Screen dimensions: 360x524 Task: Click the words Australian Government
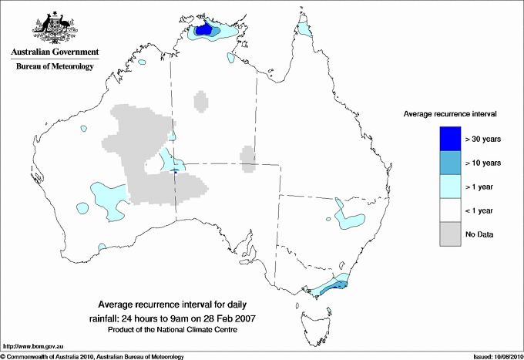click(54, 52)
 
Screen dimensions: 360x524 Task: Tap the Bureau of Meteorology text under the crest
click(54, 67)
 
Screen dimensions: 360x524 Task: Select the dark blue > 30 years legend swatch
click(450, 139)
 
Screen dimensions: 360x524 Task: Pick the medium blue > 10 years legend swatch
click(450, 163)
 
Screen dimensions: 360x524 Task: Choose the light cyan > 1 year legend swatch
click(450, 187)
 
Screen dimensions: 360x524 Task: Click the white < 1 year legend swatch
click(450, 210)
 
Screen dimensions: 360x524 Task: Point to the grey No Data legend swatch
click(450, 234)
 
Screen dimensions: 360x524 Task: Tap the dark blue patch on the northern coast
click(204, 30)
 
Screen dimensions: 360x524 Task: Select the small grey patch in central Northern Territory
click(200, 101)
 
